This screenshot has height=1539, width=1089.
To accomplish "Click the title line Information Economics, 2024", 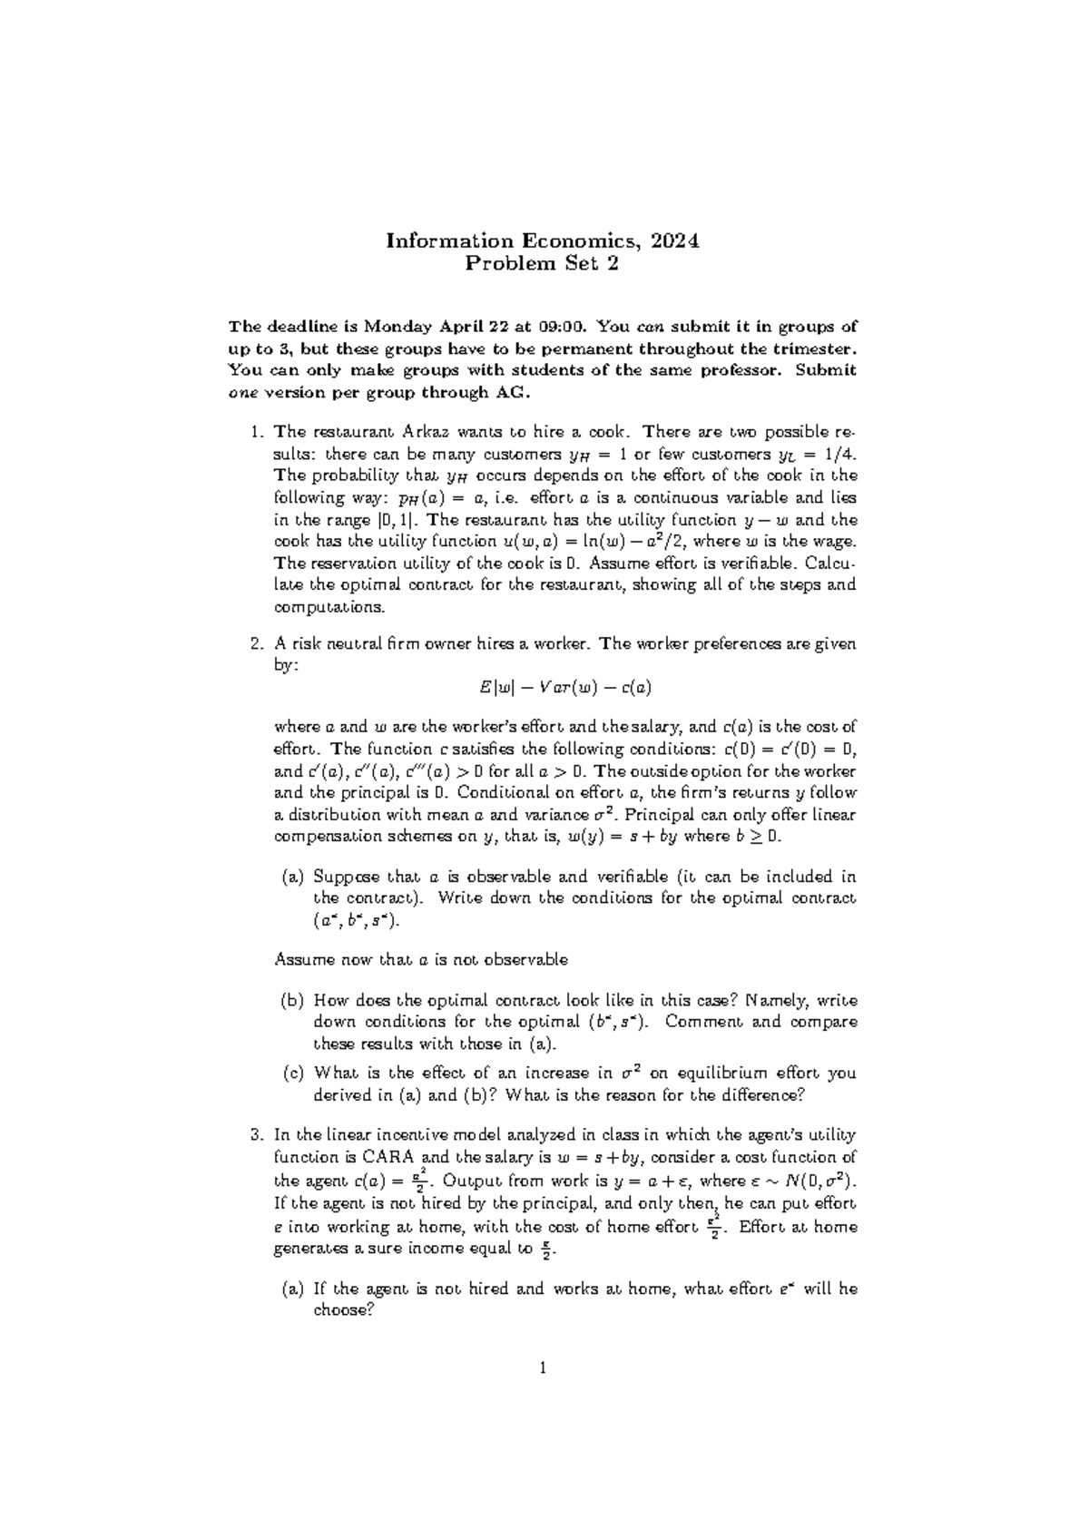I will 543,240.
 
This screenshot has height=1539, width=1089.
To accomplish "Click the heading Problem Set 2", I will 543,264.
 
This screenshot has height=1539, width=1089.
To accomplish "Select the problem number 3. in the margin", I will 257,1134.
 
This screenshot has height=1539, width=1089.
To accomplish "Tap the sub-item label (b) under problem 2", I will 291,1001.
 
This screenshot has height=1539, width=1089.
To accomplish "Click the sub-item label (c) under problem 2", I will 291,1073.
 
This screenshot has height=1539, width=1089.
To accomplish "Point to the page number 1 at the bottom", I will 544,1369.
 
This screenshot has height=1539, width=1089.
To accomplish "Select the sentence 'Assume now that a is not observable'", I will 421,959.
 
